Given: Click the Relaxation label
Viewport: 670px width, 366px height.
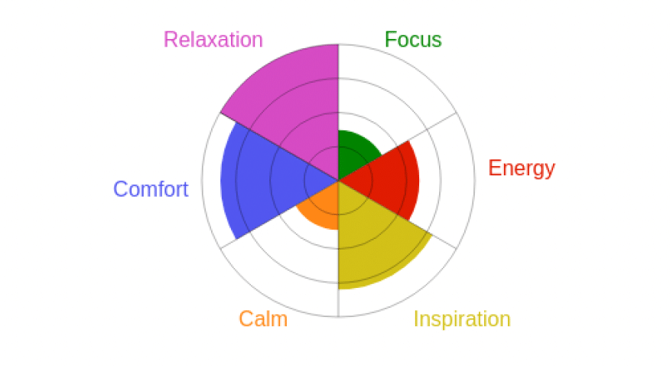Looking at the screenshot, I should coord(213,40).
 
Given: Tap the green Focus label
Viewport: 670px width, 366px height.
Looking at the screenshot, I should coord(413,39).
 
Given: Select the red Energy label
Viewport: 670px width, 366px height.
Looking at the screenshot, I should coord(522,168).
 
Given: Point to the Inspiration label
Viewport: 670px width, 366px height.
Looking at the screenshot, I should coord(462,319).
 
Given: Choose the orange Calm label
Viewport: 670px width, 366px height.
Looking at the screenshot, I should coord(263,319).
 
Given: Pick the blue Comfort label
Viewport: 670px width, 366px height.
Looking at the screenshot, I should coord(151,189).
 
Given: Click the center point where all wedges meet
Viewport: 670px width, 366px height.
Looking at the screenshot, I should coord(338,181).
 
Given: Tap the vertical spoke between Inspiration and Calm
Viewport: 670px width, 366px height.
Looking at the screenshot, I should coord(338,302).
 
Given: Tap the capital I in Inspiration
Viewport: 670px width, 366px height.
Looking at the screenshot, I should coord(416,319).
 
